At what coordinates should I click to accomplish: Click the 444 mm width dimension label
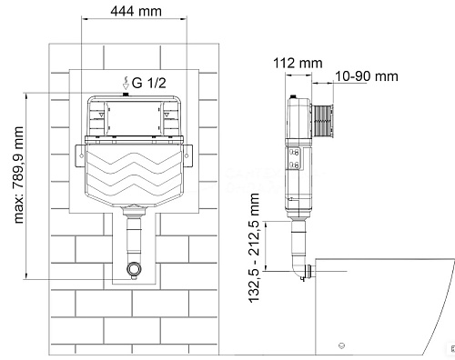point(136,12)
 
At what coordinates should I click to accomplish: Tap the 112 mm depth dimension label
point(298,64)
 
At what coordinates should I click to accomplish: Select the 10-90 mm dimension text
point(367,76)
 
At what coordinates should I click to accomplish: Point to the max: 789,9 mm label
point(19,175)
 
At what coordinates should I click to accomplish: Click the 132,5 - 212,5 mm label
point(254,247)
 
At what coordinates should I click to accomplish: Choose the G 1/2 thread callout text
point(149,83)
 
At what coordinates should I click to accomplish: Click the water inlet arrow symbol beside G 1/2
point(126,83)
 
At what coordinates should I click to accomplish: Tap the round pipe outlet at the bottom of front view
point(134,268)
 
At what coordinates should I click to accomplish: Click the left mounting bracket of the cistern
point(80,155)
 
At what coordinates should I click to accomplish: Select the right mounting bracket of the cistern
point(187,155)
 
